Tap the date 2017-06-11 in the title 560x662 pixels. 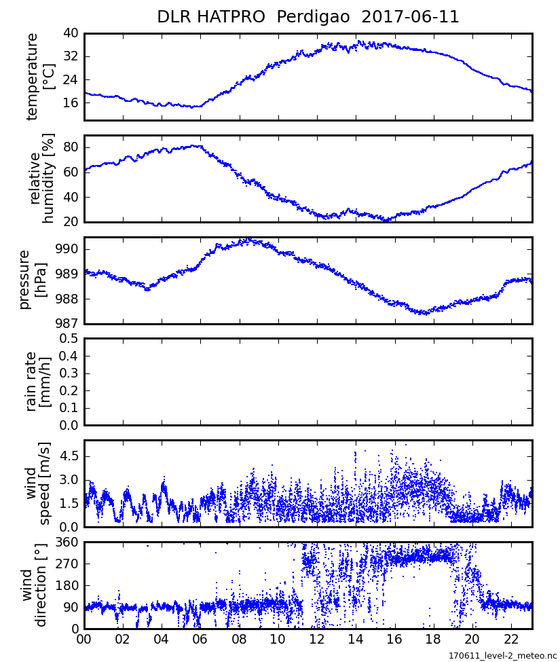coord(411,17)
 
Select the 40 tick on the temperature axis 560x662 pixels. coord(71,33)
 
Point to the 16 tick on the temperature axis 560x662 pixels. coord(71,103)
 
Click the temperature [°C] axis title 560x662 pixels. coord(40,76)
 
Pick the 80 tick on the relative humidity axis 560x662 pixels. coord(71,147)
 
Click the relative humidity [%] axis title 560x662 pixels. coord(40,179)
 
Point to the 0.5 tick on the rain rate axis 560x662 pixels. coord(68,338)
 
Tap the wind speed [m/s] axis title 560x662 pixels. coord(39,483)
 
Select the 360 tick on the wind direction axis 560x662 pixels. coord(67,543)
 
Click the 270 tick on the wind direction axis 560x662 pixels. coord(67,564)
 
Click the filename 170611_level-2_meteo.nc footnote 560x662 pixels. coord(502,656)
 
